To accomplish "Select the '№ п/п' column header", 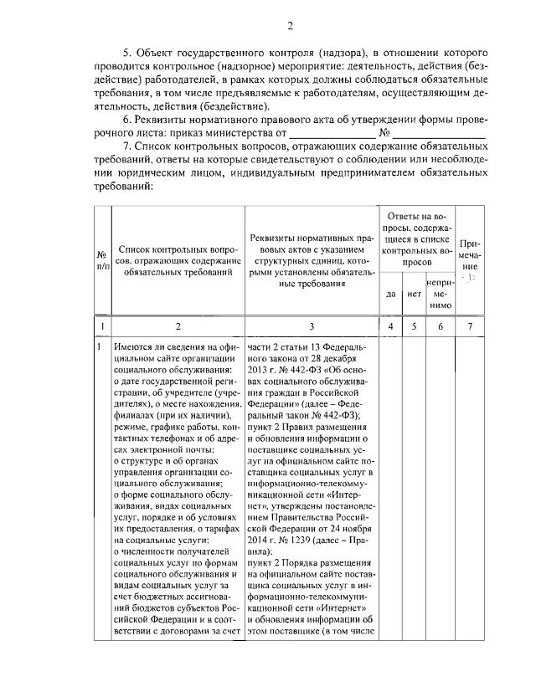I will coord(101,260).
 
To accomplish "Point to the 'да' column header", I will coord(390,294).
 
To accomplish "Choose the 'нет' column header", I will coord(414,294).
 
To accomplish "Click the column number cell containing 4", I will coord(390,325).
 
